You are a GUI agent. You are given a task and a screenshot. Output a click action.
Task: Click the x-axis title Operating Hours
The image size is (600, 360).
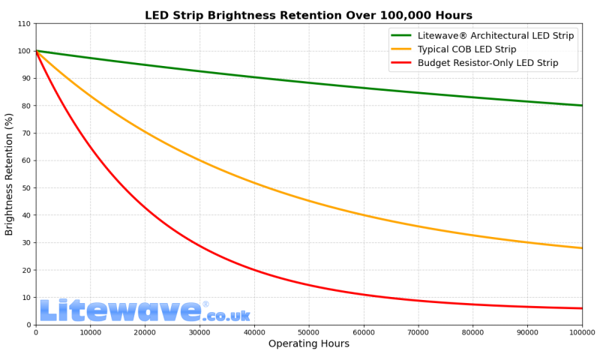(308, 344)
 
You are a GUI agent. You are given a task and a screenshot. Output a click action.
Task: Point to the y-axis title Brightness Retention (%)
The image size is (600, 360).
(10, 174)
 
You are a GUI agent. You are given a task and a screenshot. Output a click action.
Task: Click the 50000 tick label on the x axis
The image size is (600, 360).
(308, 332)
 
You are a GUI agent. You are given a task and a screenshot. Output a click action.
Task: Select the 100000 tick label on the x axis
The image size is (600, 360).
(581, 332)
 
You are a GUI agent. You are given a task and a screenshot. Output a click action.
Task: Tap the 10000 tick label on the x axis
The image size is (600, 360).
(90, 332)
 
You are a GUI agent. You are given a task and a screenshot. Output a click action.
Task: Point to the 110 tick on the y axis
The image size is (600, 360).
(24, 24)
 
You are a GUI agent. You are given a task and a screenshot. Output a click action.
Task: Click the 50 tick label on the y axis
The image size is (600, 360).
(26, 188)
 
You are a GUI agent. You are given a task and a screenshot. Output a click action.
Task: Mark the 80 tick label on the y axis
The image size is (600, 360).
(26, 106)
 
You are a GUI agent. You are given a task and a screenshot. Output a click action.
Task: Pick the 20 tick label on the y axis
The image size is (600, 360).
(26, 270)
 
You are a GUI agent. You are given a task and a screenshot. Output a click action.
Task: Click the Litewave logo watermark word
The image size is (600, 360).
(120, 311)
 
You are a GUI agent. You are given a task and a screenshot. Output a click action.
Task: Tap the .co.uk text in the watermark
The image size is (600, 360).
(226, 316)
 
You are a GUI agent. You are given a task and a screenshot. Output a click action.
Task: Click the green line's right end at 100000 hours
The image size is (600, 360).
(581, 106)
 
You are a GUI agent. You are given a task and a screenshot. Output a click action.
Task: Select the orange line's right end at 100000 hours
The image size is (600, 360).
(581, 248)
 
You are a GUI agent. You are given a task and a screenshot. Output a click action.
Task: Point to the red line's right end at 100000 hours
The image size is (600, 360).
(581, 308)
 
